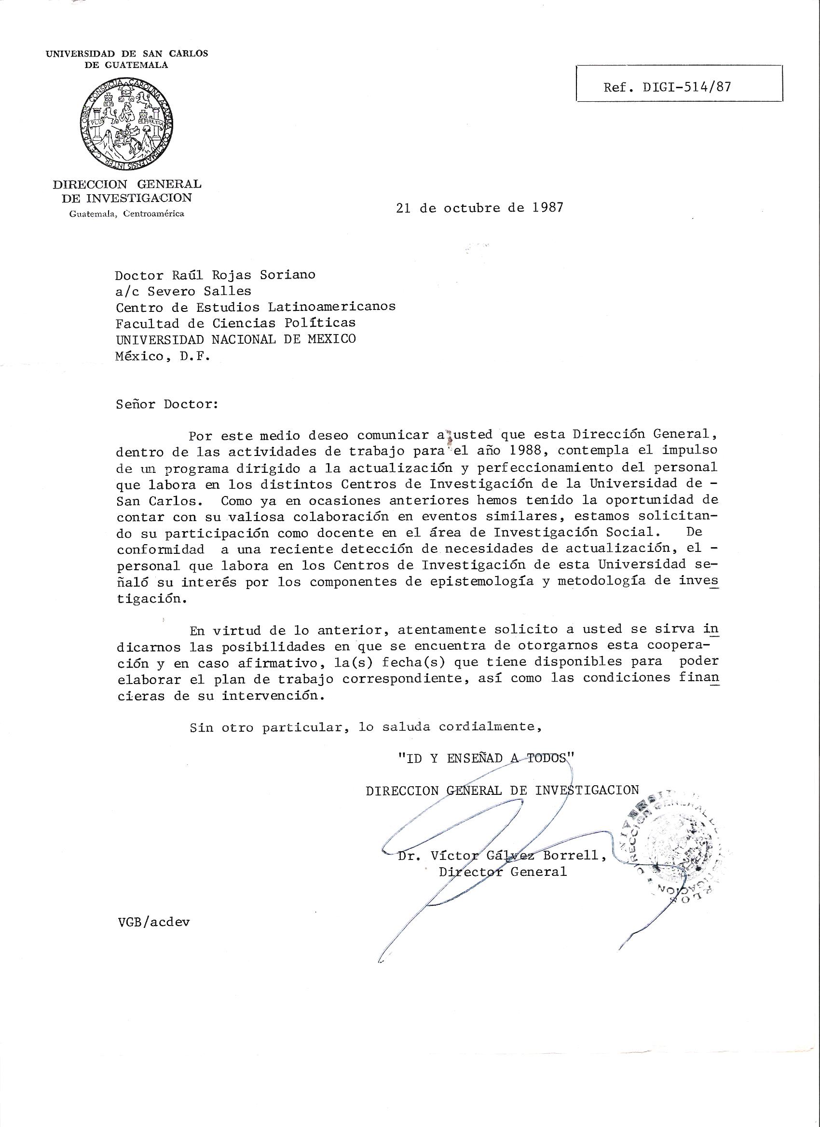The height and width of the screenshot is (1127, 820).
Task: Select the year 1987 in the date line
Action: pyautogui.click(x=547, y=207)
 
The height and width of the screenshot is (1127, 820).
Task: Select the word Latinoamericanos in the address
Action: pyautogui.click(x=332, y=307)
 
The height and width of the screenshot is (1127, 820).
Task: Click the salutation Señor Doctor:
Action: pyautogui.click(x=167, y=403)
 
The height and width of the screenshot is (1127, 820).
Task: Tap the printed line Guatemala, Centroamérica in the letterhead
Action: pyautogui.click(x=127, y=214)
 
